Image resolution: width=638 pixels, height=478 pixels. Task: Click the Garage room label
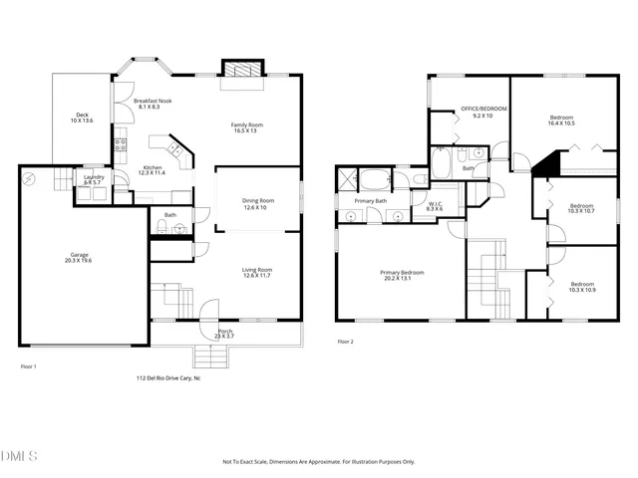click(x=79, y=255)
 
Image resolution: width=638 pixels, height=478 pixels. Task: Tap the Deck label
click(x=83, y=115)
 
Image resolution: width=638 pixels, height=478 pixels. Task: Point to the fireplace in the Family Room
click(x=242, y=70)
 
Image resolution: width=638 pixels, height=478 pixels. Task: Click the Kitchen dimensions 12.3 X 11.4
click(x=152, y=173)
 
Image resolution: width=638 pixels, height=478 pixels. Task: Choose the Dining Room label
click(x=257, y=201)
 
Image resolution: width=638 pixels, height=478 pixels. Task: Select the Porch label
click(x=225, y=331)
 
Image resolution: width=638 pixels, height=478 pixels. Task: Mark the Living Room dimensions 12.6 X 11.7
click(x=257, y=276)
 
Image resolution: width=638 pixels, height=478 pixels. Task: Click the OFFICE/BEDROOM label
click(x=483, y=109)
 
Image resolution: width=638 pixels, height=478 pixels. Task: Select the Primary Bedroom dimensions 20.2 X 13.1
click(x=401, y=278)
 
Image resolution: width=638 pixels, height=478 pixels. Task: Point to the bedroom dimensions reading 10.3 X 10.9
click(x=581, y=289)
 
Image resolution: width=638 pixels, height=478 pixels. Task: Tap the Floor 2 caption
click(x=346, y=342)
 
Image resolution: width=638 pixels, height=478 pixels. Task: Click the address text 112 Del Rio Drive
click(x=168, y=378)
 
